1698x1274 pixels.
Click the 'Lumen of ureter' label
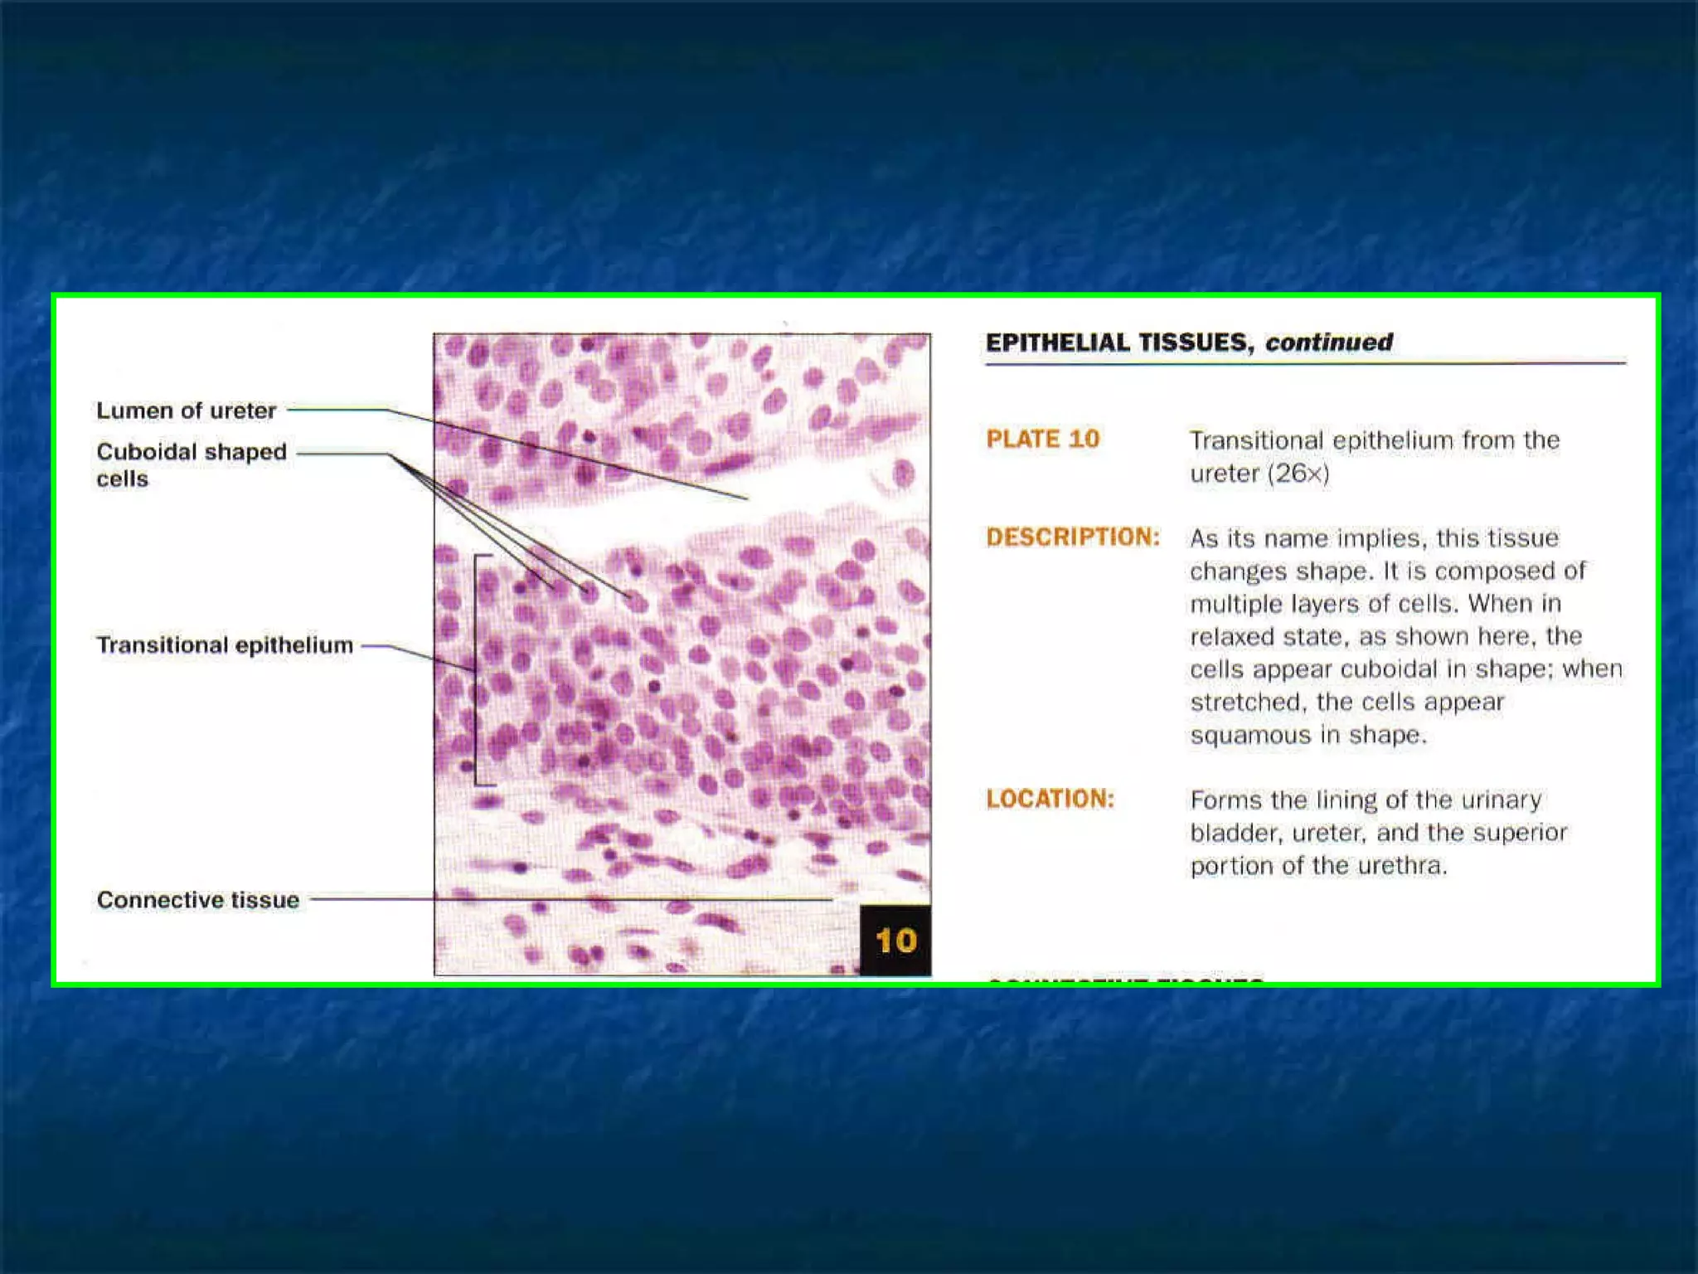[186, 411]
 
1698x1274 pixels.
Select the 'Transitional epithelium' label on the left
[225, 645]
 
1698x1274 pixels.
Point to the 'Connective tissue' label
[197, 900]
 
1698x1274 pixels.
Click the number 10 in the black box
[895, 941]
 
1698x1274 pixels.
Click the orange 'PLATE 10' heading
[1042, 439]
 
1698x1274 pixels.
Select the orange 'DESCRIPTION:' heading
[1073, 537]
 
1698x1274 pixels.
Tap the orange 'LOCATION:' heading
[1050, 799]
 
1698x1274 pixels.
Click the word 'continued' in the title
[1328, 343]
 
